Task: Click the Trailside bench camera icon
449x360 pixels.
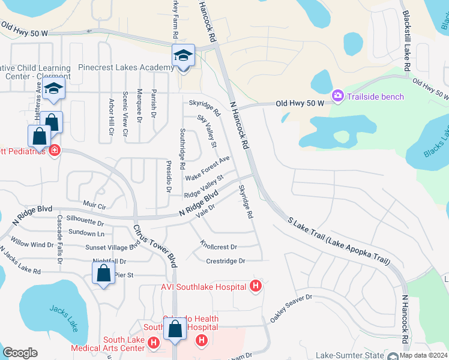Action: [337, 96]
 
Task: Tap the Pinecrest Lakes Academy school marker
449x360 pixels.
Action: [183, 56]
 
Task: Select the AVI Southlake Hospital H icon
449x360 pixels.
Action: [256, 286]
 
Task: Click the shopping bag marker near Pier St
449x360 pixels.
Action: [104, 274]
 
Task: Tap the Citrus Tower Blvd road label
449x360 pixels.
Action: [155, 245]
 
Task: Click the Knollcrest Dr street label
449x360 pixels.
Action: [218, 247]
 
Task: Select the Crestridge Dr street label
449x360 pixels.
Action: [226, 261]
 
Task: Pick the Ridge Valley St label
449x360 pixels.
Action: [203, 187]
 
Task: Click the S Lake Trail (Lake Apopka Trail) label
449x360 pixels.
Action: [339, 241]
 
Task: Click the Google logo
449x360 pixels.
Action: [20, 353]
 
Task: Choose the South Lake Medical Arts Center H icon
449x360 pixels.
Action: [153, 343]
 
